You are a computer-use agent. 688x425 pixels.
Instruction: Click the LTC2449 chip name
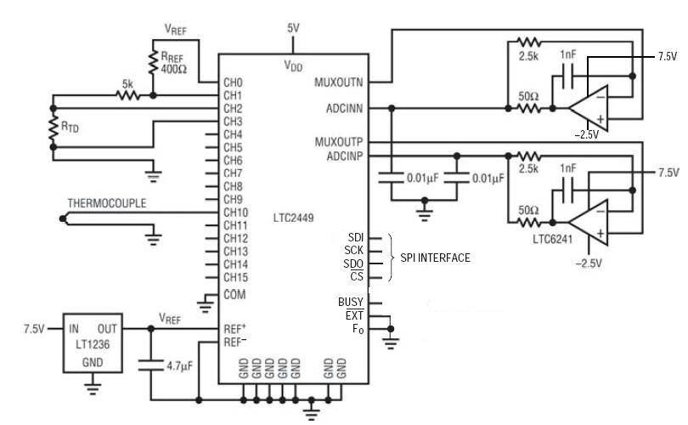coord(294,218)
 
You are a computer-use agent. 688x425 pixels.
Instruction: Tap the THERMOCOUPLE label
coord(107,204)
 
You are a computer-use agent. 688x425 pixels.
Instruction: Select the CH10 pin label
coord(235,212)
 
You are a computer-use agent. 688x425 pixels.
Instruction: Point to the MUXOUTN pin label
coord(340,82)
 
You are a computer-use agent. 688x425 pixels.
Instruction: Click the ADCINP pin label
coord(345,156)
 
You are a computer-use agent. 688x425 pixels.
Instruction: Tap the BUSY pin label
coord(351,302)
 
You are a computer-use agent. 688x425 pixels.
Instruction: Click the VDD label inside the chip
coord(293,64)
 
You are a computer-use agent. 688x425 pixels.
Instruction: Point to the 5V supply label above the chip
coord(293,28)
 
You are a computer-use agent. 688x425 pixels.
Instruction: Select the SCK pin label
coord(354,250)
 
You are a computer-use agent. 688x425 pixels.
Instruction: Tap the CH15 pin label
coord(235,277)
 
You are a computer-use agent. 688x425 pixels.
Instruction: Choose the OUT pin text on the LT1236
coord(107,327)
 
